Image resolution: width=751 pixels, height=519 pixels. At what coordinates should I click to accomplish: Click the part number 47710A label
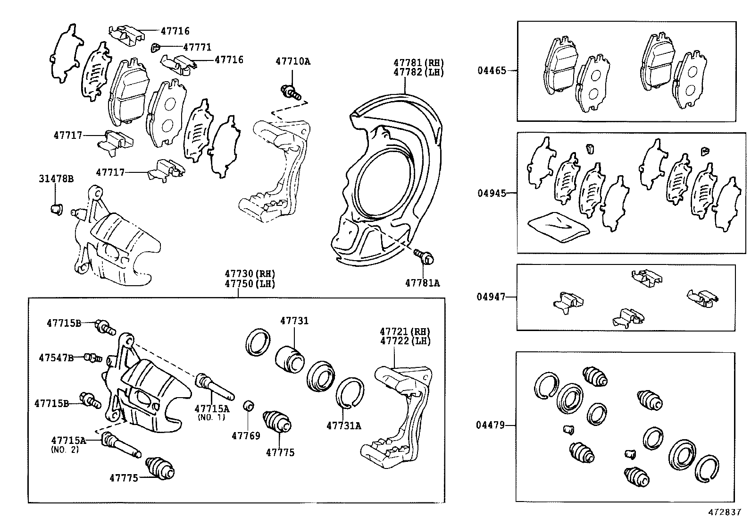point(293,61)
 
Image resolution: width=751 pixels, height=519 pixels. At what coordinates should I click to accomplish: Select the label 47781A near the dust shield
point(422,283)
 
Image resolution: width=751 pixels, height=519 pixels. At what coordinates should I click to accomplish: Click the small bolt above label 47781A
point(425,256)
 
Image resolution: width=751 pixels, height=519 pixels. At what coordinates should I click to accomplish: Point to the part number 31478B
point(56,179)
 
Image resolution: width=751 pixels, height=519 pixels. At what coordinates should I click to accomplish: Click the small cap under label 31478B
point(56,208)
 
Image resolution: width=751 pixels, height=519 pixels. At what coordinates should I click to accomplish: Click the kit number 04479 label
point(490,425)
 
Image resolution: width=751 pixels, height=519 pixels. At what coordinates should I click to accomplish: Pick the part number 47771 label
point(197,47)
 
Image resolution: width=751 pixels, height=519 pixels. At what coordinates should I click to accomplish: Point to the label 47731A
point(343,425)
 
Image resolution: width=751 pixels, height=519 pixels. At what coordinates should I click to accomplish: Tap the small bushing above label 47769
point(249,405)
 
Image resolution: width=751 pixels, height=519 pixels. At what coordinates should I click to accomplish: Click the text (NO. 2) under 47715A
point(65,450)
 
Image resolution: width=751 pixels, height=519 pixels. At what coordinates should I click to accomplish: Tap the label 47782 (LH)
point(419,73)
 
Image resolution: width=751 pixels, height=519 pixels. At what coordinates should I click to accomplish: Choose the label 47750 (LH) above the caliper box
point(250,284)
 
